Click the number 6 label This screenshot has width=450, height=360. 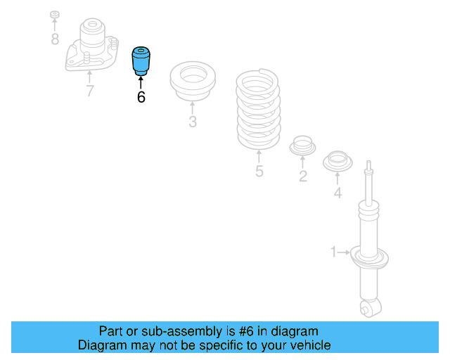point(141,97)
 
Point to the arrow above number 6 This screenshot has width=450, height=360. point(141,81)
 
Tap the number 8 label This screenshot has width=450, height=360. point(55,39)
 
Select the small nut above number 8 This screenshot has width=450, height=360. point(55,15)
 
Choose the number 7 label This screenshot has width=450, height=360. point(89,91)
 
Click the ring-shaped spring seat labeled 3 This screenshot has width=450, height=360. point(193,83)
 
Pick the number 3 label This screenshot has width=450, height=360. point(193,122)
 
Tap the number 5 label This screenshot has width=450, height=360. point(259,171)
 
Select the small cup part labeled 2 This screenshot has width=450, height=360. point(303,146)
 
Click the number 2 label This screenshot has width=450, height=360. point(303,176)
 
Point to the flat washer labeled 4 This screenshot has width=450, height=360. point(337,162)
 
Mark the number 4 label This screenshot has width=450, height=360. point(337,192)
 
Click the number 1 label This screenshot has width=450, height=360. point(335,251)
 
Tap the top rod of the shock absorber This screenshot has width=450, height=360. point(368,183)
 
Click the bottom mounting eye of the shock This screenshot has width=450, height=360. point(368,307)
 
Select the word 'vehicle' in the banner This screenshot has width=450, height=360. point(307,345)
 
